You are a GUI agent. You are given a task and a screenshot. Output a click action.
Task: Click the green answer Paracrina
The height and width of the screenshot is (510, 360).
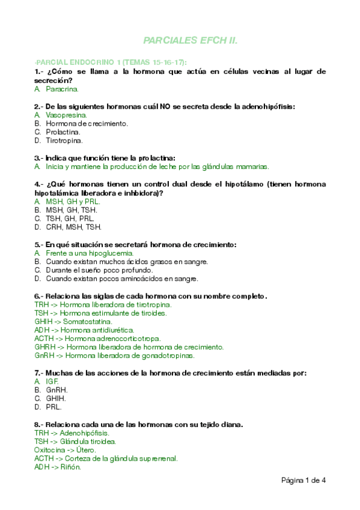coord(62,89)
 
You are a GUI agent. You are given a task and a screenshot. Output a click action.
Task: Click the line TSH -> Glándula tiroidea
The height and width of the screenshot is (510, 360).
coord(76,441)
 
